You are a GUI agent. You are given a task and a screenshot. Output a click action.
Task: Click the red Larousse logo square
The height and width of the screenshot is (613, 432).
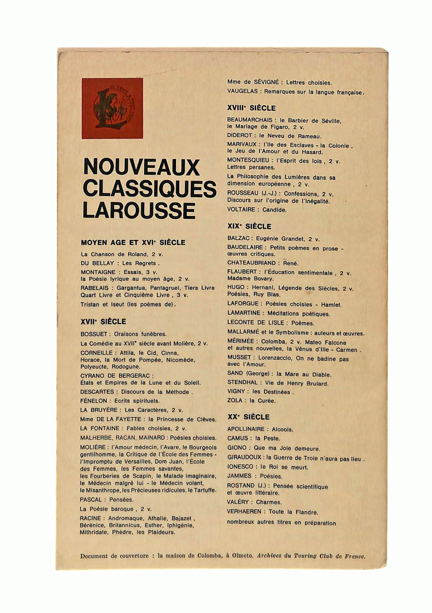pyautogui.click(x=112, y=108)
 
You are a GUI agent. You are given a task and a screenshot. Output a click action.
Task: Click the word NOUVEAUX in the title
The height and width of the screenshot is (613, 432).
pyautogui.click(x=141, y=167)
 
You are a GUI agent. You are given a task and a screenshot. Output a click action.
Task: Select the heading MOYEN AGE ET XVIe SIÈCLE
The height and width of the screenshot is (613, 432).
pyautogui.click(x=133, y=243)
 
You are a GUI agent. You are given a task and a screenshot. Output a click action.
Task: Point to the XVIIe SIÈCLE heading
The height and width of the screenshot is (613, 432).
pyautogui.click(x=103, y=321)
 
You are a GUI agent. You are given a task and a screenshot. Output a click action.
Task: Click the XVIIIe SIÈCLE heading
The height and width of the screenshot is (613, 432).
pyautogui.click(x=251, y=108)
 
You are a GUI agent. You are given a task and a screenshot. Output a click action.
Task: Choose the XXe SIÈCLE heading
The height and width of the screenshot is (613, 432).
pyautogui.click(x=248, y=417)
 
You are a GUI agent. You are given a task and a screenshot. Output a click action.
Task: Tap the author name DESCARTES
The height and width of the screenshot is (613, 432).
pyautogui.click(x=97, y=392)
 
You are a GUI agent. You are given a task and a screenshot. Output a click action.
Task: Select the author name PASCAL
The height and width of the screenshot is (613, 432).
pyautogui.click(x=91, y=500)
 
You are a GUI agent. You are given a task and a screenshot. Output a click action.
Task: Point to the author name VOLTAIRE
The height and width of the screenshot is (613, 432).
pyautogui.click(x=241, y=210)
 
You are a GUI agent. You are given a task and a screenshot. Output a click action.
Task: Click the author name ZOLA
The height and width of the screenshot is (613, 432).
pyautogui.click(x=235, y=400)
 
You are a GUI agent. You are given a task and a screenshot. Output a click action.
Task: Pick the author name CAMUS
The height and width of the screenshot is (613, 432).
pyautogui.click(x=238, y=438)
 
